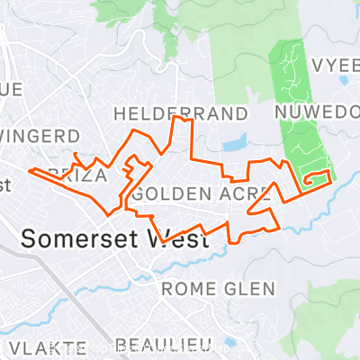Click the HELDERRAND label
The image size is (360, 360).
(x=180, y=113)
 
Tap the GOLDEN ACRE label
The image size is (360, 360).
(x=202, y=193)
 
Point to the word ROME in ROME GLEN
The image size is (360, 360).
(x=184, y=289)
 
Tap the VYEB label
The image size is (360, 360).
(x=335, y=66)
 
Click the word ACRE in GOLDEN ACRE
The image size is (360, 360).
(x=244, y=193)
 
